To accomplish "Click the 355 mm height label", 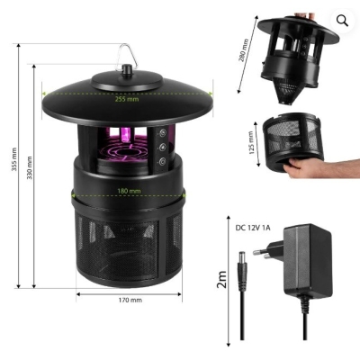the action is point(14,159).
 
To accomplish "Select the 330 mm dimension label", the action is point(30,168).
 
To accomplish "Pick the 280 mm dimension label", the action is point(244,50).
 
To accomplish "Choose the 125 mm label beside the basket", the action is point(252,142).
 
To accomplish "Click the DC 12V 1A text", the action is point(253,228).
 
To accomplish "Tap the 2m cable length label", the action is point(221,279).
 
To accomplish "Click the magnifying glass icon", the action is point(342,21).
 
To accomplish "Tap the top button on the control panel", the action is point(163,133).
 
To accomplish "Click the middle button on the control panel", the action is point(163,148).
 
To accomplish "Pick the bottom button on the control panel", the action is point(163,162).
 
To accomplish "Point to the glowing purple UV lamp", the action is point(125,134).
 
